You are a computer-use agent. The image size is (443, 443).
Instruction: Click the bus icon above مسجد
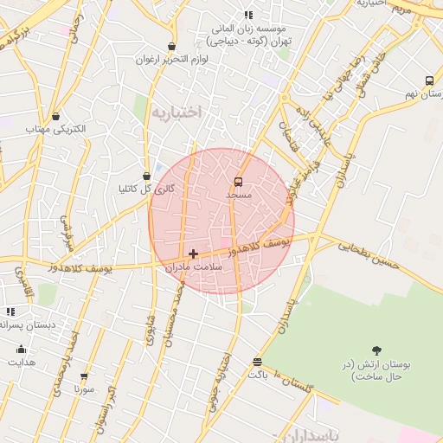point(239,182)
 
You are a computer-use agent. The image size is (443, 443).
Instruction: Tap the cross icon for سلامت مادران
point(192,254)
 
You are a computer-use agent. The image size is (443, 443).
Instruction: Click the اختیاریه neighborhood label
point(176,112)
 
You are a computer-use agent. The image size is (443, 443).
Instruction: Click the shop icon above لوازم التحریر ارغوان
point(171,47)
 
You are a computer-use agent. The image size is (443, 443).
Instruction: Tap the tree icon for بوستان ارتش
point(376,350)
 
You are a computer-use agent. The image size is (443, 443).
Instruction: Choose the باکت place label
point(258,376)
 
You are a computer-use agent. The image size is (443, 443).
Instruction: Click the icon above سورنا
point(84,376)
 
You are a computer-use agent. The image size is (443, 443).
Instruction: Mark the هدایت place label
point(22,363)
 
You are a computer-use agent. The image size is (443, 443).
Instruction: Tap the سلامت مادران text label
point(195,268)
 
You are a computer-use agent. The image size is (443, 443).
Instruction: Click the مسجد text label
point(238,196)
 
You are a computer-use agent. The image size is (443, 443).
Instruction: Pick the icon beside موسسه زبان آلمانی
point(248,15)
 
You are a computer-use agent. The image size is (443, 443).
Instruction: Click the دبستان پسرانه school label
point(26,324)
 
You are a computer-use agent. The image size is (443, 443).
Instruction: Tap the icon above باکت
point(257,362)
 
